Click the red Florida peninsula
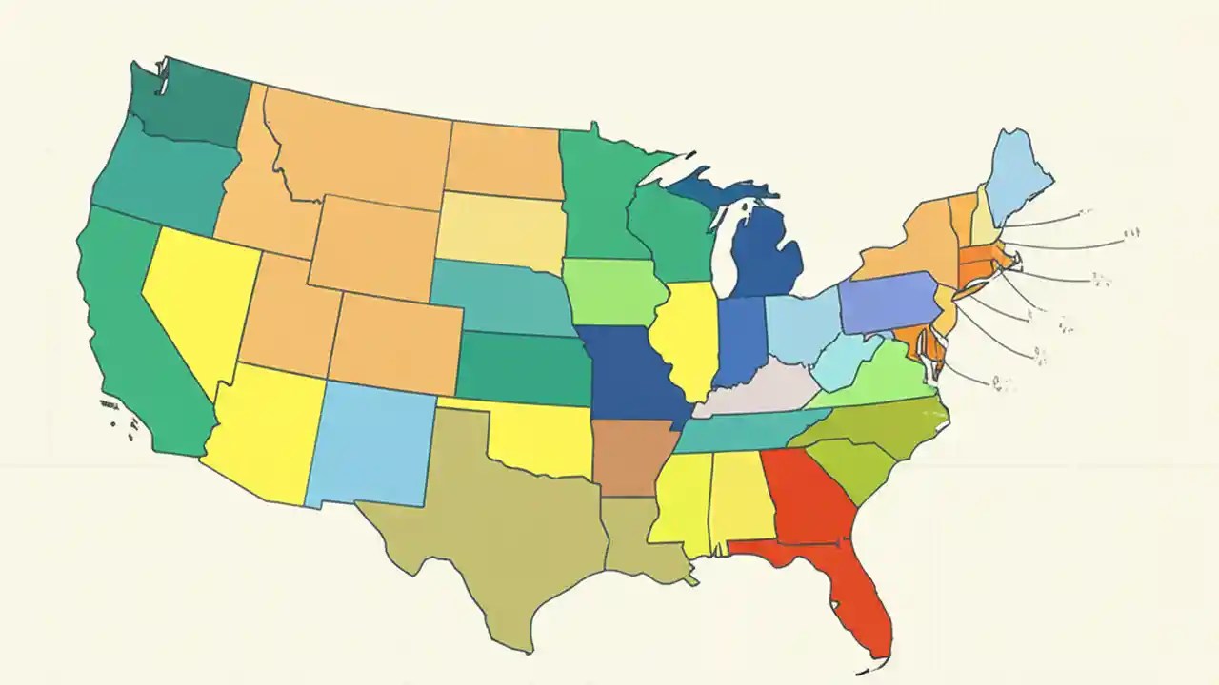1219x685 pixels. pos(862,599)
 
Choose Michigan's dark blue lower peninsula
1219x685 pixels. pos(767,252)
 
